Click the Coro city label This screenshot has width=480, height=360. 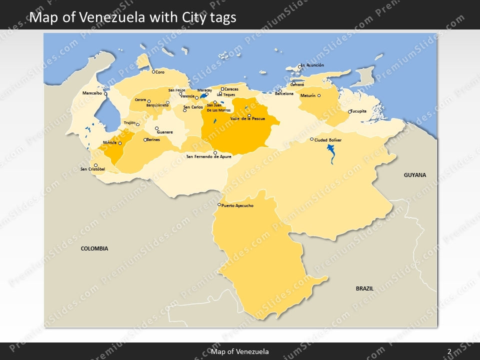(160, 72)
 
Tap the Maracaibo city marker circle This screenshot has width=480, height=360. (105, 93)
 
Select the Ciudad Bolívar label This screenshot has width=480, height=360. (328, 140)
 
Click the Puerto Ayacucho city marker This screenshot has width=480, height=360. (219, 204)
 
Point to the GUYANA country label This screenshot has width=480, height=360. (415, 175)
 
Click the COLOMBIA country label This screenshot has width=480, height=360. (94, 248)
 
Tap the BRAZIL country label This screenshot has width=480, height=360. (364, 288)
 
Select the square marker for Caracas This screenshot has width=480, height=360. (222, 89)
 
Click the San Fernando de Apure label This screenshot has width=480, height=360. (209, 156)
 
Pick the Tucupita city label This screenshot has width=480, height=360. (358, 111)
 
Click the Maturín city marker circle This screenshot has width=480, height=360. (319, 95)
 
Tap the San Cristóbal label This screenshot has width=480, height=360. (92, 169)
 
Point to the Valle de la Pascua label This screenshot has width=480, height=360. (247, 119)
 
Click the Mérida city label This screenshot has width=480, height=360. (109, 142)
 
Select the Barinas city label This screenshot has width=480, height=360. (153, 139)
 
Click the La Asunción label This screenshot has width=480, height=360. (313, 65)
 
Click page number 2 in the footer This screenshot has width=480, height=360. (449, 352)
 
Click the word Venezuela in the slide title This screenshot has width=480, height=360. (110, 17)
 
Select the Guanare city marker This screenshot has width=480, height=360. (156, 128)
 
